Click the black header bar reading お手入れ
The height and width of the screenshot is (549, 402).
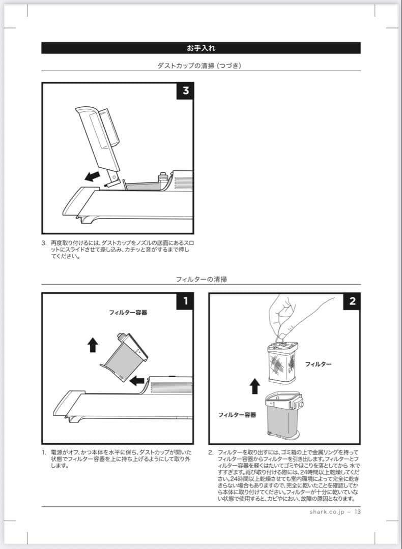tap(201, 48)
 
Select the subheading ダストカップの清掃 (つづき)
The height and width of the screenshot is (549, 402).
tap(199, 66)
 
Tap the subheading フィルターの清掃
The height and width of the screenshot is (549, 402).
tap(201, 279)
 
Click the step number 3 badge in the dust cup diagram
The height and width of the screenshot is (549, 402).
tap(185, 90)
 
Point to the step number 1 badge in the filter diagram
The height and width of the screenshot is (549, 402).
tap(185, 301)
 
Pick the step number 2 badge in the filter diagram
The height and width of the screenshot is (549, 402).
tap(352, 301)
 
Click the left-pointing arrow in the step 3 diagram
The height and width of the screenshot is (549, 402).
tap(92, 176)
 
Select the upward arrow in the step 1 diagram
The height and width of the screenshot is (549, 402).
tap(93, 345)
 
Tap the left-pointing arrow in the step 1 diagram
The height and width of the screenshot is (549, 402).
tap(137, 380)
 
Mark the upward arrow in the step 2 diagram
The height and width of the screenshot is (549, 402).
tap(255, 386)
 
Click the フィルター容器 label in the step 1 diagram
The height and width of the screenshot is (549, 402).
tap(128, 312)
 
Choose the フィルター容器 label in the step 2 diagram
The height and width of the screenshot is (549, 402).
tap(237, 415)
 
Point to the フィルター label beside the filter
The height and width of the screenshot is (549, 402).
tap(318, 364)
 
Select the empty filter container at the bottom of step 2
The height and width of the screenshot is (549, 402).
tap(284, 415)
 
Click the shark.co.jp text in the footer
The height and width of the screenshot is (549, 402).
tap(327, 512)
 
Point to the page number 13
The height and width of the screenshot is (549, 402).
tap(357, 511)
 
